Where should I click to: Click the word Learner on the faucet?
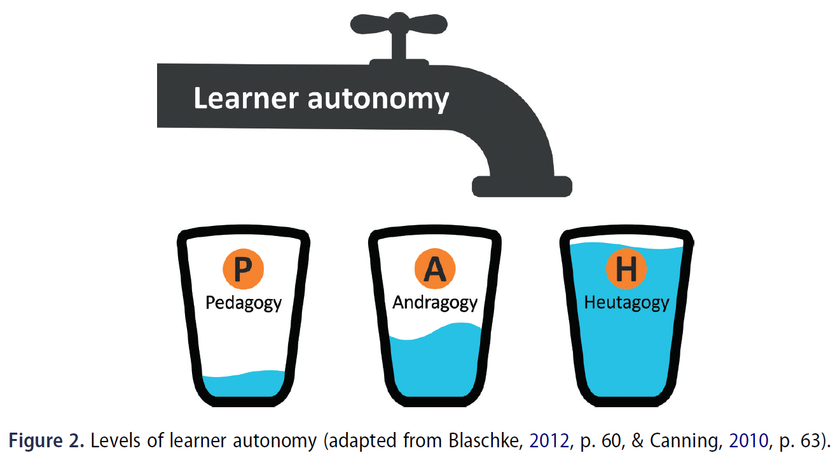tap(244, 99)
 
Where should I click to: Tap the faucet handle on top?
tap(399, 29)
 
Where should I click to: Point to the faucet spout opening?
tap(521, 187)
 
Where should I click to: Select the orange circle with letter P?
tap(243, 269)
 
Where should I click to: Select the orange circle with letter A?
tap(435, 269)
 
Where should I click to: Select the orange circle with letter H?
tap(626, 269)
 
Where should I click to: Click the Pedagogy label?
tap(244, 303)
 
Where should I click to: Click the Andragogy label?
tap(435, 303)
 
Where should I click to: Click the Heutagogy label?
tap(626, 303)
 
